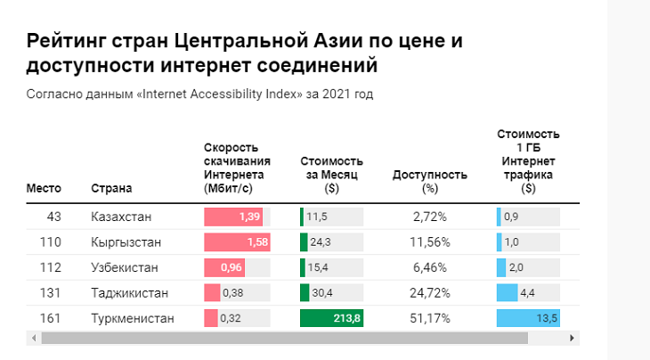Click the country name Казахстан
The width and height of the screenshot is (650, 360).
tap(121, 217)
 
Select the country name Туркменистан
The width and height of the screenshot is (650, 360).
tap(133, 318)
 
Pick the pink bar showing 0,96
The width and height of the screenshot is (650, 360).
tap(224, 267)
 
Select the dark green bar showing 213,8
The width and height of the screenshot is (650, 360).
tap(331, 318)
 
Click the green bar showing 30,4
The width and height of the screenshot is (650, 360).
tap(305, 292)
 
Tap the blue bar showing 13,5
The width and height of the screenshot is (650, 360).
tap(528, 318)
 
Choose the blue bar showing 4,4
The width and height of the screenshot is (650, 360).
tap(505, 292)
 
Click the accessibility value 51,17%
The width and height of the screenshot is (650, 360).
tap(431, 318)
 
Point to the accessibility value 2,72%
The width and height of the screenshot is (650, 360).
tap(430, 217)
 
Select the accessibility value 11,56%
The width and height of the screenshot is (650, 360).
tap(431, 242)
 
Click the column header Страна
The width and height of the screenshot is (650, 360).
tap(111, 188)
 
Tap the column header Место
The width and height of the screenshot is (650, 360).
tap(44, 188)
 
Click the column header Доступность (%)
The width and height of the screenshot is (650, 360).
tap(430, 181)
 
